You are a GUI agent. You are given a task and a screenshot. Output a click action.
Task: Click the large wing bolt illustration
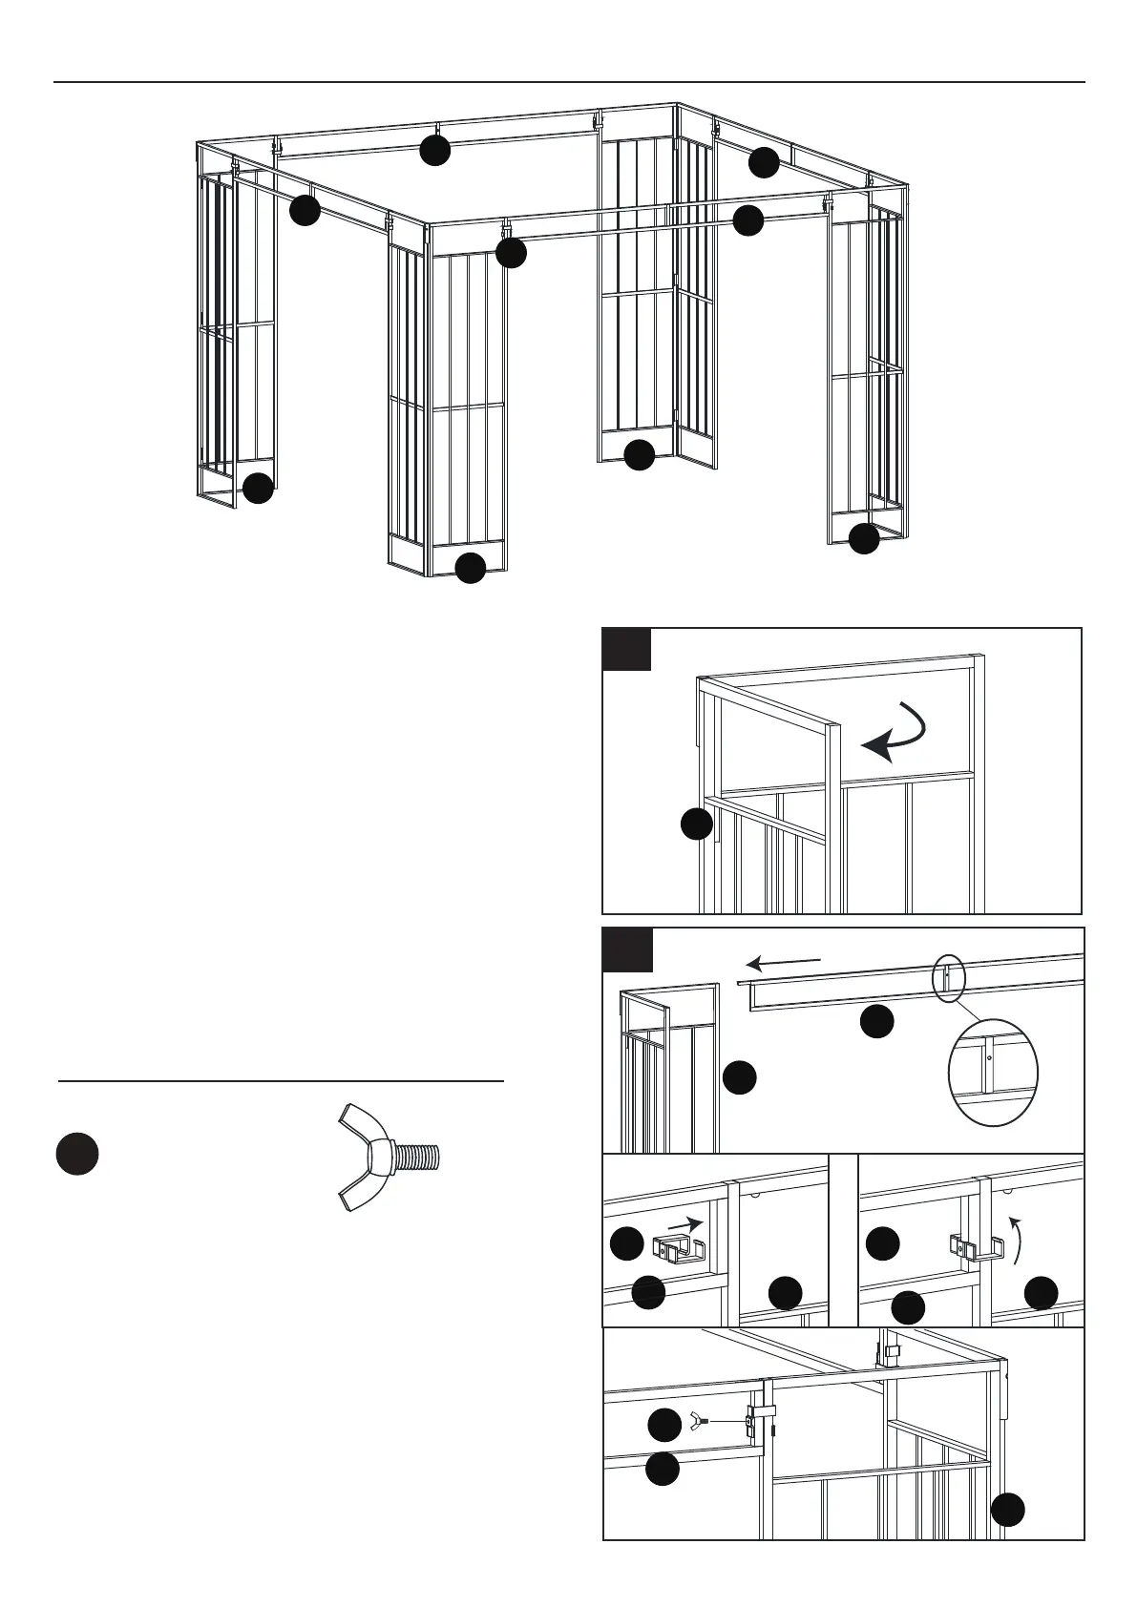387,1158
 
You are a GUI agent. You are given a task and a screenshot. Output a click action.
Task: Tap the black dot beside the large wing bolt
77,1154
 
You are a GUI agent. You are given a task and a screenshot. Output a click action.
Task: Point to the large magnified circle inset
993,1073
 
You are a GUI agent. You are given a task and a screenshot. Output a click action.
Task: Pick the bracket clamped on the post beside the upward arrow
975,1246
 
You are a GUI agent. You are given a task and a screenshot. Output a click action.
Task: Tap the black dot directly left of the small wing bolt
664,1426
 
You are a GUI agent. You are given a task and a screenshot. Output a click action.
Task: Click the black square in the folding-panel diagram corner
627,649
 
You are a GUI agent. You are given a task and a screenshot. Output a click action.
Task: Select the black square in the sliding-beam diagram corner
628,950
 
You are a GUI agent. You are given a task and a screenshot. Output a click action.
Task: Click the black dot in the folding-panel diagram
698,824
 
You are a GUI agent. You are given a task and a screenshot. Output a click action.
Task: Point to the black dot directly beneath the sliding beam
876,1022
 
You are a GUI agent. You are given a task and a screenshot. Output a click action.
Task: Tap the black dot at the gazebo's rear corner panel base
639,455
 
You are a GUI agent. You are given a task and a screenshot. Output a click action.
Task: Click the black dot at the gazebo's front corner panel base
470,568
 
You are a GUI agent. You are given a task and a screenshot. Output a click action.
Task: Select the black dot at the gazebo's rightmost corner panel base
864,538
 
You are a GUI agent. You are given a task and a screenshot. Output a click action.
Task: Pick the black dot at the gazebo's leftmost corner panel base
258,489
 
